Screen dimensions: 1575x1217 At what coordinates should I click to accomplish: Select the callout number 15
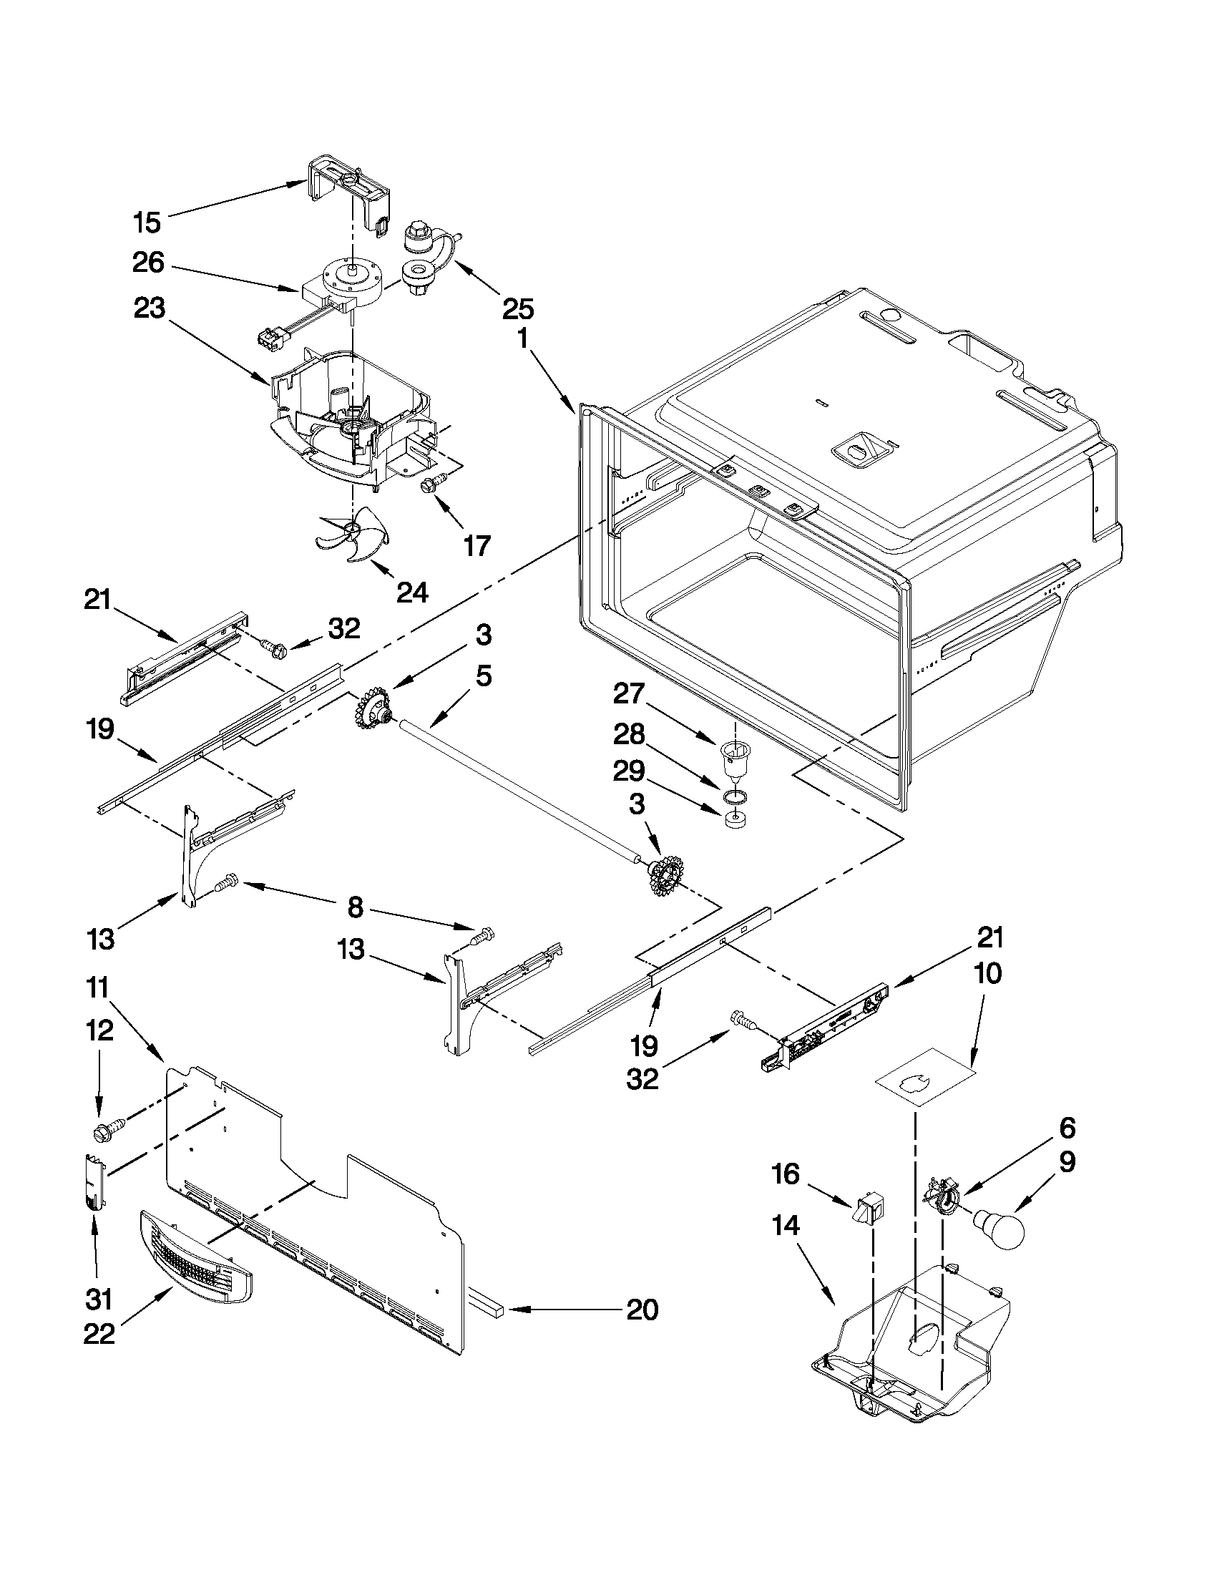click(147, 222)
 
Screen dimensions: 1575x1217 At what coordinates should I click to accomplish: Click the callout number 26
click(149, 263)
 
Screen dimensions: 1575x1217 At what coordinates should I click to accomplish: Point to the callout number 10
click(988, 975)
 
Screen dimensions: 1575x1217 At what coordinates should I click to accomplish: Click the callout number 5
click(484, 676)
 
